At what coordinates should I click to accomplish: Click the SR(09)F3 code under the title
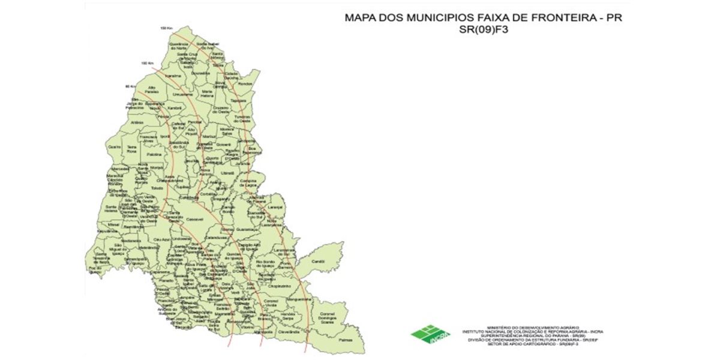click(x=483, y=29)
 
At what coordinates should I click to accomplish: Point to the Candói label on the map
click(x=317, y=261)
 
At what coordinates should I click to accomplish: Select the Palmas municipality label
click(x=343, y=339)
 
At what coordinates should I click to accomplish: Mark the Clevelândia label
click(x=288, y=331)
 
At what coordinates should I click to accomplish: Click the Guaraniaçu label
click(x=247, y=229)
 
